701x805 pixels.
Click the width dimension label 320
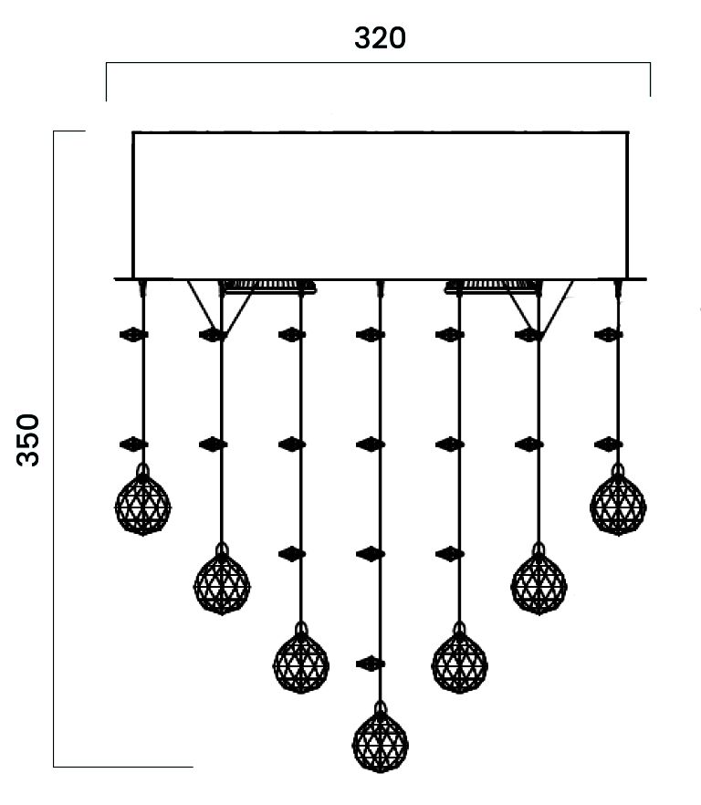click(379, 38)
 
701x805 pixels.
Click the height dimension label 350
click(29, 439)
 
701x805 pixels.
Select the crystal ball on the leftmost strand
click(142, 504)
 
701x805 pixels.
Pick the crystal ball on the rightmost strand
click(618, 504)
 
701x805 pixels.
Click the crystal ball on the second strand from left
click(222, 583)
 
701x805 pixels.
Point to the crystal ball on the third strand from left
click(301, 662)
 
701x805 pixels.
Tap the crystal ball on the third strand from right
click(459, 662)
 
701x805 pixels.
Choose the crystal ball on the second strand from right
click(539, 583)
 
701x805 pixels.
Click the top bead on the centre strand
click(370, 335)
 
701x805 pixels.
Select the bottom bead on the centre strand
click(370, 664)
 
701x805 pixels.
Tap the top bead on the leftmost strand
click(133, 335)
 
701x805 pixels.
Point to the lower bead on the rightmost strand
click(608, 444)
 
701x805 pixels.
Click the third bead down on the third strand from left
click(291, 553)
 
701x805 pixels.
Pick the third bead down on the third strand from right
click(449, 553)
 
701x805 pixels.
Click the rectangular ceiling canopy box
click(380, 204)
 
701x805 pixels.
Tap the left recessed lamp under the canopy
click(270, 287)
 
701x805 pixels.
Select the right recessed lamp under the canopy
click(489, 287)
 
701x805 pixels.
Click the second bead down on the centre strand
click(370, 444)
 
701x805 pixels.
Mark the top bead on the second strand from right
click(528, 335)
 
